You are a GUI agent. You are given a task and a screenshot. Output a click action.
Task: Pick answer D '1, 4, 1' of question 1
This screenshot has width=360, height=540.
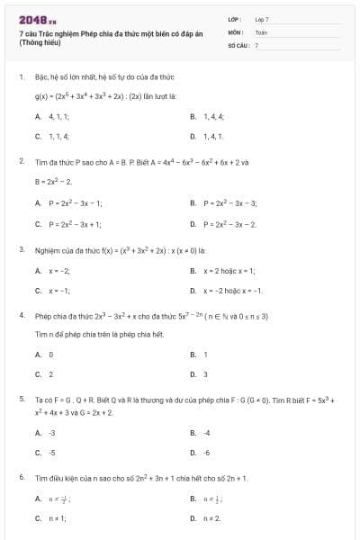coord(212,136)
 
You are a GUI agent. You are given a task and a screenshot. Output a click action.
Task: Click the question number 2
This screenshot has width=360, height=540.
coord(21,160)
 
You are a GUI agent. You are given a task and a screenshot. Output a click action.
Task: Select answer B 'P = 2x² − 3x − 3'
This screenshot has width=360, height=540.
coord(229,203)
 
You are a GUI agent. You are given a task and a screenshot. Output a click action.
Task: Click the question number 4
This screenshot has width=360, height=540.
coord(21,317)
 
